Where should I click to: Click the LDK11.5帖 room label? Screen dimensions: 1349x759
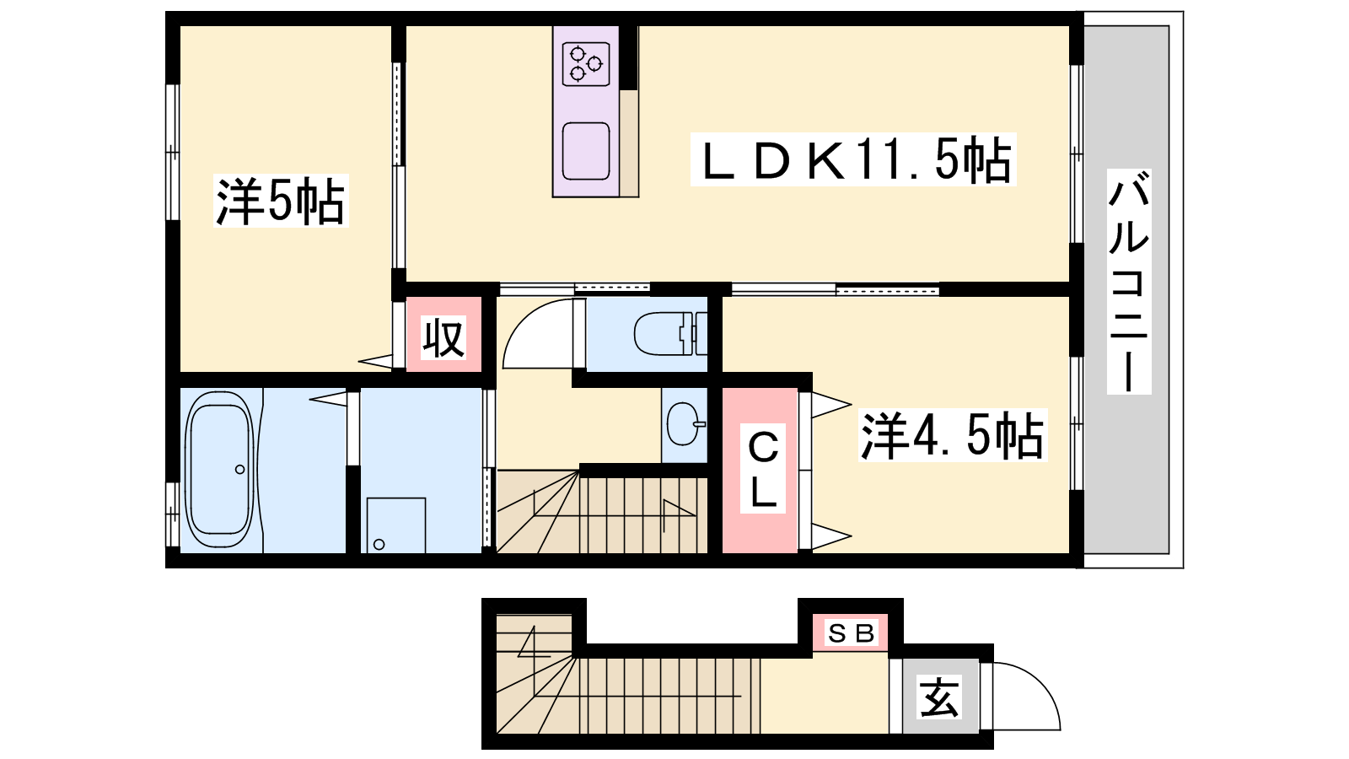coord(854,159)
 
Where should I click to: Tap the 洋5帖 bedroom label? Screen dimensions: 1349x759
coord(281,201)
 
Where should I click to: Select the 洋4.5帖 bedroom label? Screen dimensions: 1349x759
coord(952,435)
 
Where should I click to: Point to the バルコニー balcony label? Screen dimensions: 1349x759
coord(1129,282)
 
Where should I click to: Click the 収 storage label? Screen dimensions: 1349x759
coord(443,337)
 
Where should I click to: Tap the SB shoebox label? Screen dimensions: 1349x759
coord(851,633)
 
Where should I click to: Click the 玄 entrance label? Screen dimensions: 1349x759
coord(939,697)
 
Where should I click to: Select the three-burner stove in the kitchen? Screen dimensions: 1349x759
coord(585,63)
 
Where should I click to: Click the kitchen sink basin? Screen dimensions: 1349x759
coord(585,151)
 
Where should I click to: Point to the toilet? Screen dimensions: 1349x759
coord(670,333)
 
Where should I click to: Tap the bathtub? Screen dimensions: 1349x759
coord(219,469)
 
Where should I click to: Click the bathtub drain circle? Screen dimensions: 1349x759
coord(239,469)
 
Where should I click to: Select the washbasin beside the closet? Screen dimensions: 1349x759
coord(685,423)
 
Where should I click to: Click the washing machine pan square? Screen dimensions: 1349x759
coord(395,525)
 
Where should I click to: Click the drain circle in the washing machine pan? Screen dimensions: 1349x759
coord(379,545)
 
